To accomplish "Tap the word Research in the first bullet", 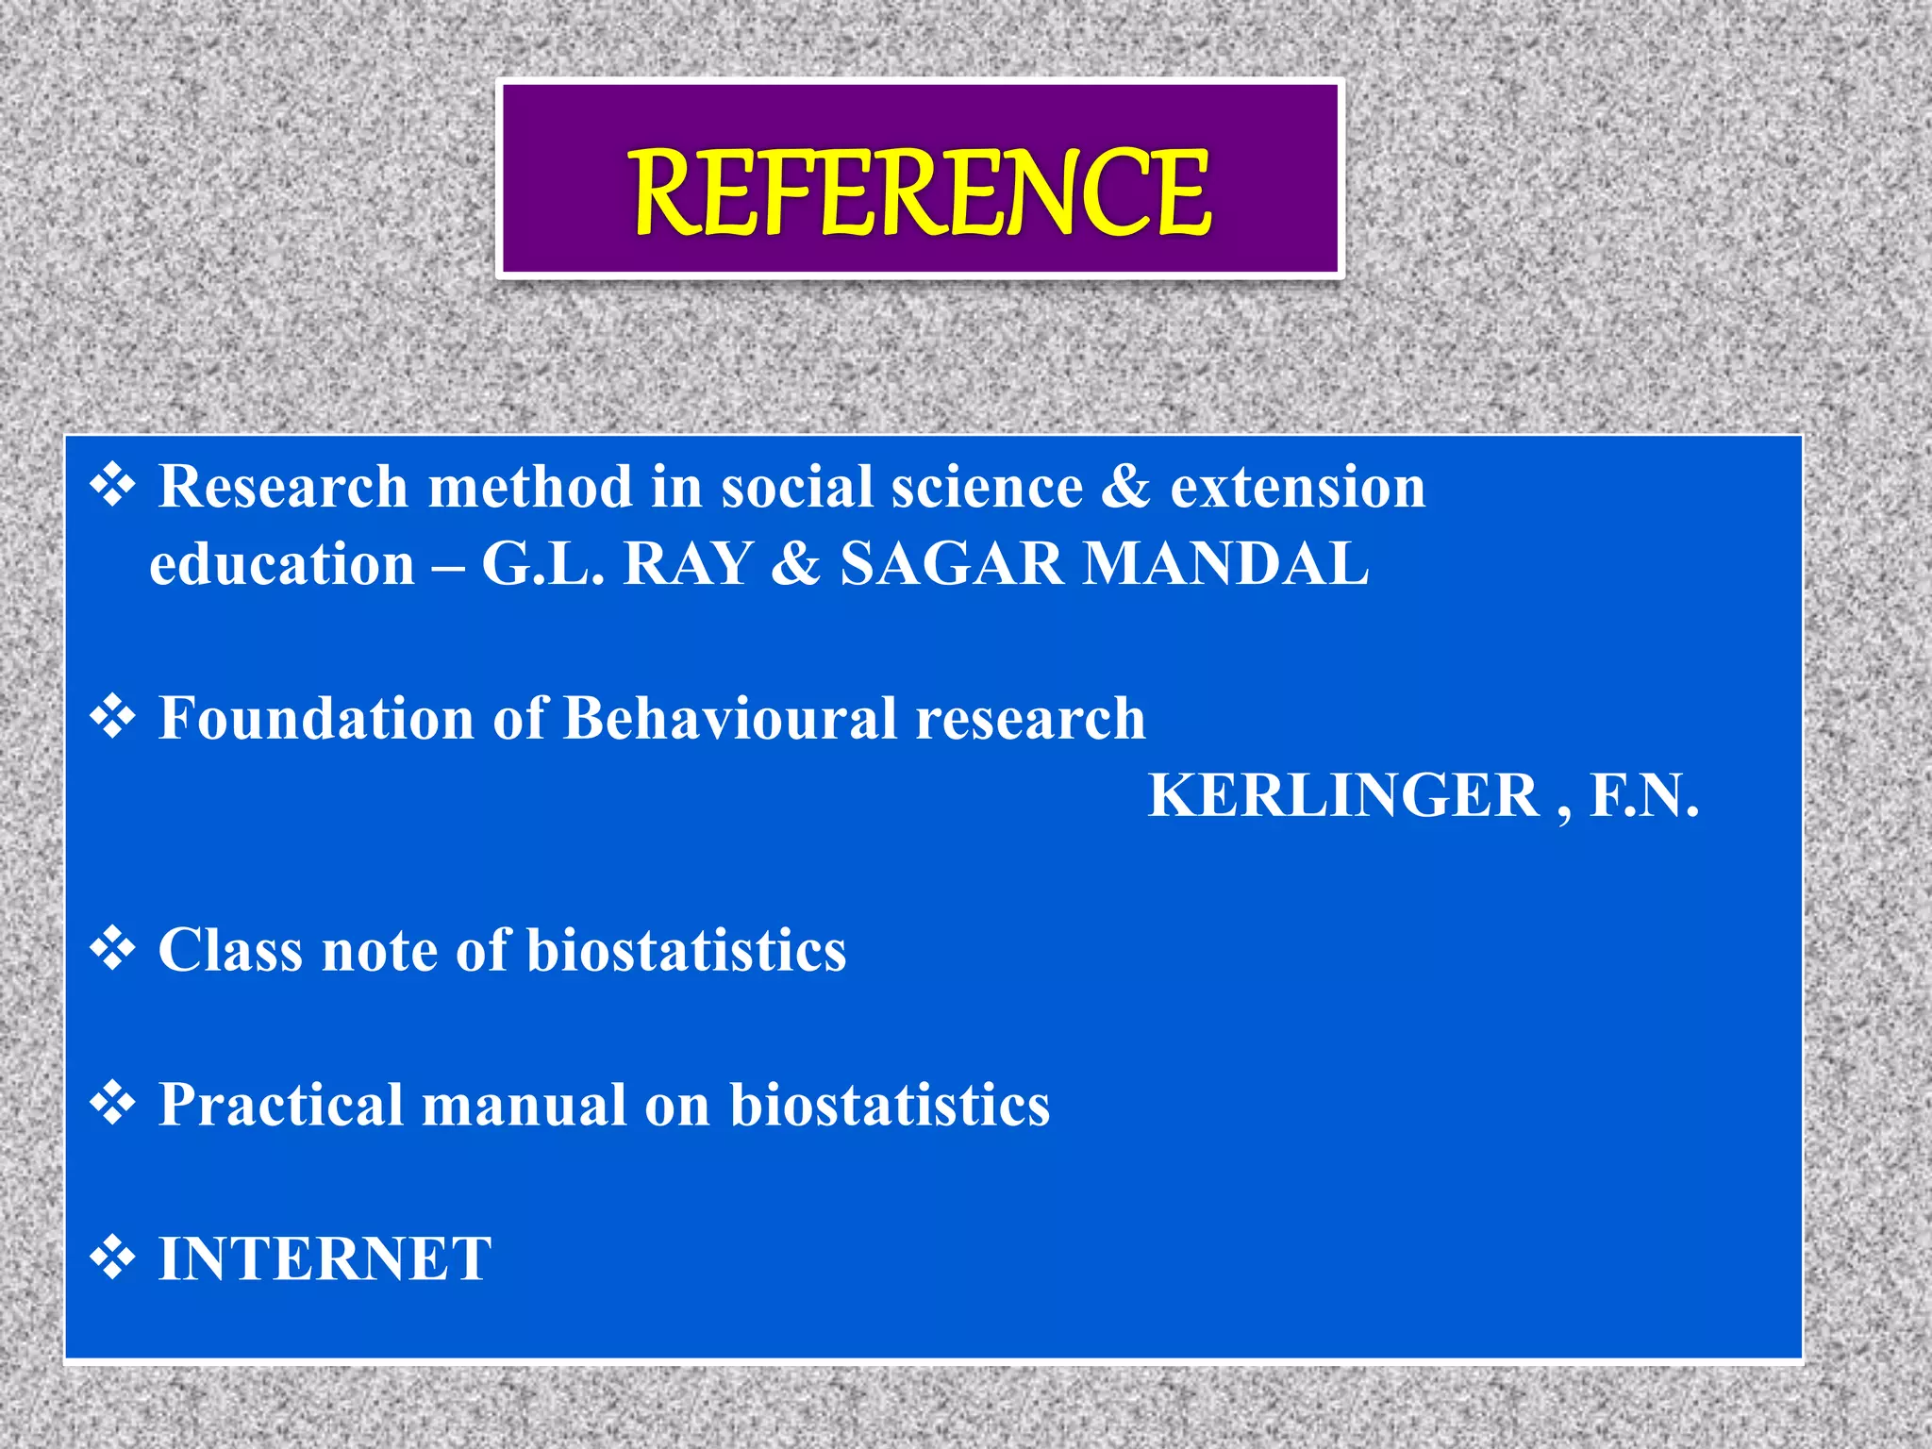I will (283, 487).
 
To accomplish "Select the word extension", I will (1297, 487).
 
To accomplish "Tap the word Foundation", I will (316, 718).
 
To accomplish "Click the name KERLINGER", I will (1343, 795).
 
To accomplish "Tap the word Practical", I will (281, 1104).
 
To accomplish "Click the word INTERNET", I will (325, 1258).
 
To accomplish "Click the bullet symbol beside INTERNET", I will (112, 1258).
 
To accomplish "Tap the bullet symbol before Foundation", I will (112, 718).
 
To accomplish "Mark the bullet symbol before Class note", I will (112, 949).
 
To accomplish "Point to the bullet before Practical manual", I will (112, 1104).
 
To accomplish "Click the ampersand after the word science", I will (1125, 487).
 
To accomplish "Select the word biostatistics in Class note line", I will (686, 949).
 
